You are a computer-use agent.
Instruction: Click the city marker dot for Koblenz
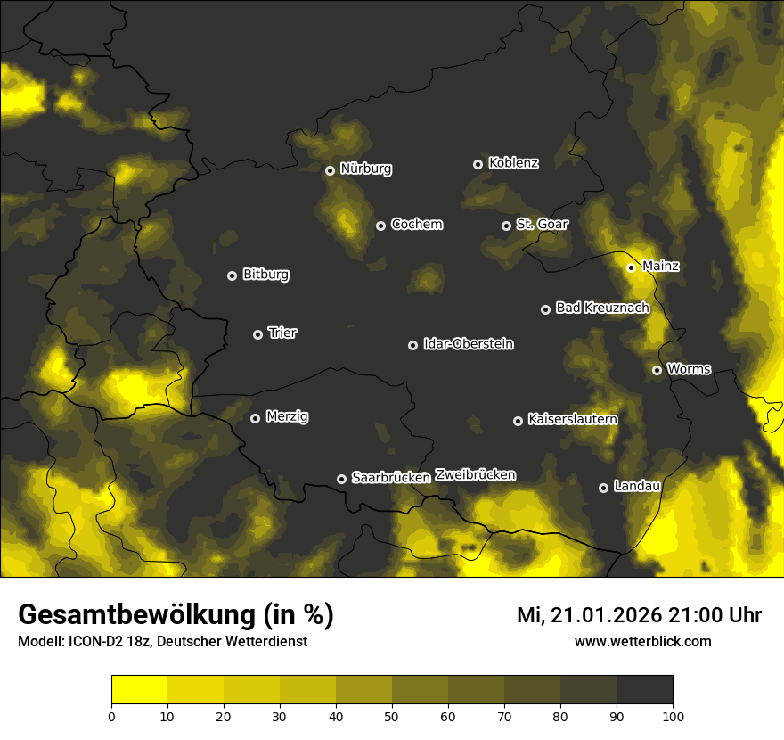tap(478, 164)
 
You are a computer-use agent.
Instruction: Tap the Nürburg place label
tap(366, 169)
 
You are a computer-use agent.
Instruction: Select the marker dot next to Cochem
tap(380, 226)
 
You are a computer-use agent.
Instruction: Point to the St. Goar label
tap(542, 225)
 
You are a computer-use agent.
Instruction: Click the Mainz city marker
tap(631, 267)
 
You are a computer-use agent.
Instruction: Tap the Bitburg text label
tap(265, 275)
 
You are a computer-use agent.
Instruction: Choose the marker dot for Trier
tap(257, 334)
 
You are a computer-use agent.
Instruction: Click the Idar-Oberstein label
tap(469, 344)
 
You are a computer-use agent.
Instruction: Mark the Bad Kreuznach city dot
tap(545, 309)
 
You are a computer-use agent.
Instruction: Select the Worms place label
tap(689, 369)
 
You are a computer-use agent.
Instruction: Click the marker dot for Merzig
tap(255, 418)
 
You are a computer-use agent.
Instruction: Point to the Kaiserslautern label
tap(573, 419)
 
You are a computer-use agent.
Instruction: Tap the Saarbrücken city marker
tap(341, 479)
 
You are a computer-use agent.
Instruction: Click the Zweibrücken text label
tap(475, 475)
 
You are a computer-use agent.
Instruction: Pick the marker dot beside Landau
tap(603, 488)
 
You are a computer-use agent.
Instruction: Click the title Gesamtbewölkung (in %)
tap(176, 615)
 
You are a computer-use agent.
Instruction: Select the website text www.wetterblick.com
tap(643, 641)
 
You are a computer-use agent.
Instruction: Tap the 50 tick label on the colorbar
tap(392, 716)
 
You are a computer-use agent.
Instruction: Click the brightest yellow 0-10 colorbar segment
tap(139, 689)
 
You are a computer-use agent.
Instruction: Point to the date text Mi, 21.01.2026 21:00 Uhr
tap(639, 615)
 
